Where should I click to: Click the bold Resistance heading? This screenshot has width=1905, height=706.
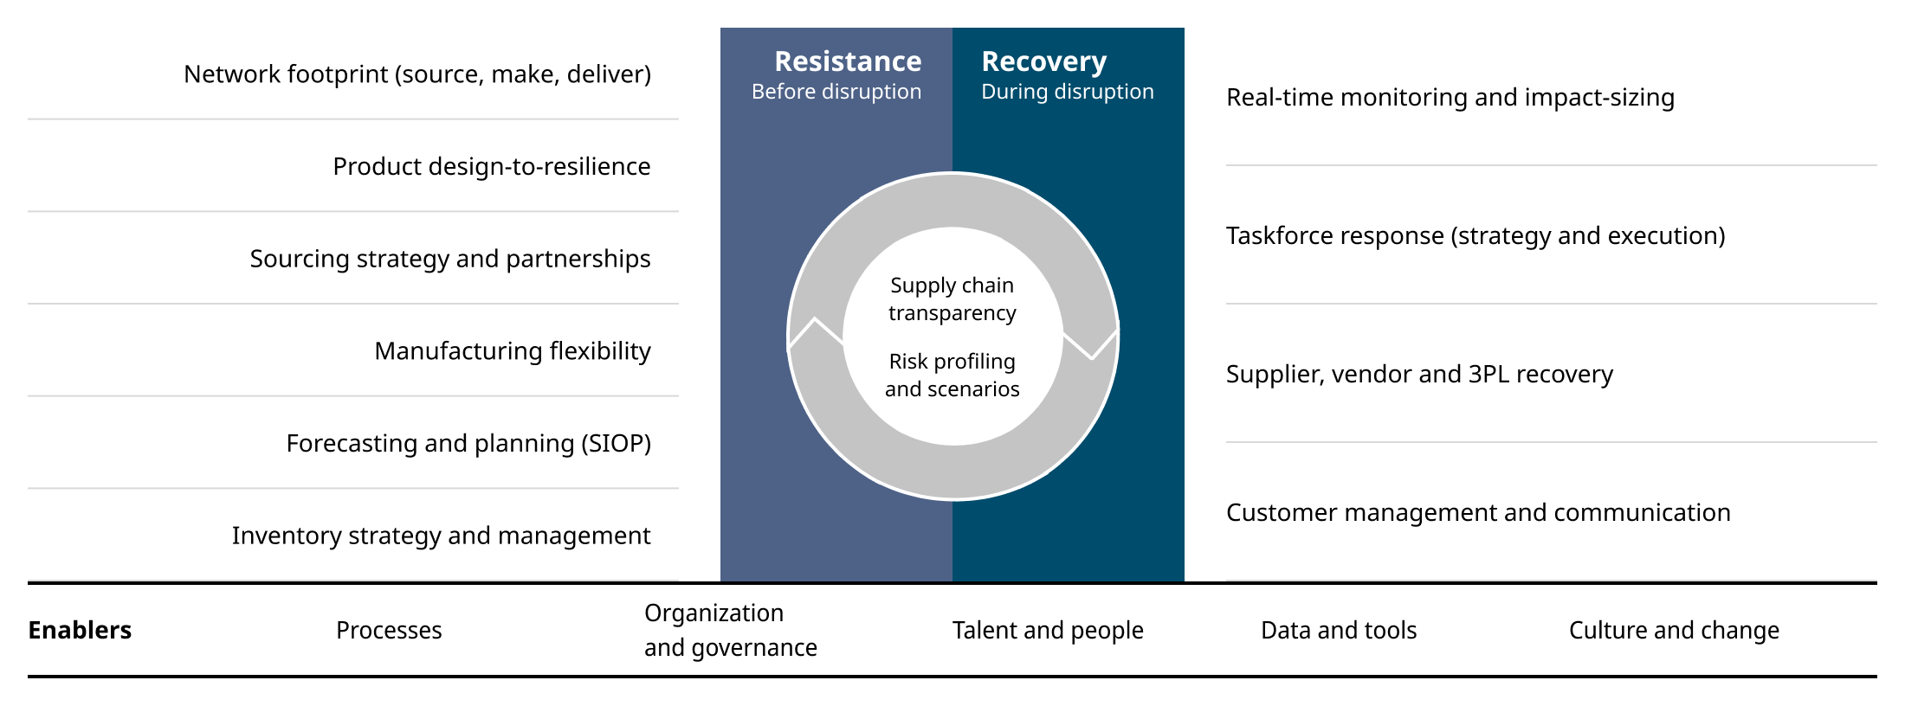tap(847, 61)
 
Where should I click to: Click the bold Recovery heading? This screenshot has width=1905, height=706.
tap(1043, 61)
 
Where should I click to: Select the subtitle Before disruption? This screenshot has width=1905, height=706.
tap(836, 92)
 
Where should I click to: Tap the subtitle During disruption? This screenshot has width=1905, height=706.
tap(1067, 92)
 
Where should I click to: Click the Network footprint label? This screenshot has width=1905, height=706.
tap(417, 74)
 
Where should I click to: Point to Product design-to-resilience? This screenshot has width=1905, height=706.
tap(491, 166)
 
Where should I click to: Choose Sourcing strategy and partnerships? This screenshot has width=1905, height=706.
tap(449, 259)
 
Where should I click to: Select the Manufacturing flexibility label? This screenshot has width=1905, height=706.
tap(512, 351)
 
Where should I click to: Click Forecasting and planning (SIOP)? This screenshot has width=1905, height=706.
tap(468, 443)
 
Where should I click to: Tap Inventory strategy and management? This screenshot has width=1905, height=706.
tap(441, 536)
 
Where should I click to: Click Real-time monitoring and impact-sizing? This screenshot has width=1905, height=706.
tap(1450, 98)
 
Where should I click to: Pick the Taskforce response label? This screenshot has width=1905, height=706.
tap(1475, 235)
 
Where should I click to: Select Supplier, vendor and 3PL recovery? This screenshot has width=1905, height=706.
tap(1419, 374)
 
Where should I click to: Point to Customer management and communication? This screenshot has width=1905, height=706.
tap(1477, 512)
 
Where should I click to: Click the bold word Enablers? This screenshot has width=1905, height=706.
tap(80, 630)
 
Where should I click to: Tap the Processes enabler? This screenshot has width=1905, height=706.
tap(389, 630)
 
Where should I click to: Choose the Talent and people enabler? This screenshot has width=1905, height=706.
tap(1047, 630)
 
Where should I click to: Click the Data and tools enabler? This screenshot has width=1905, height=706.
tap(1338, 630)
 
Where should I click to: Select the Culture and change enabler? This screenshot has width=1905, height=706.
tap(1673, 630)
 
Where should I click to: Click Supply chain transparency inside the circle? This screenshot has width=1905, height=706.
tap(952, 298)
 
